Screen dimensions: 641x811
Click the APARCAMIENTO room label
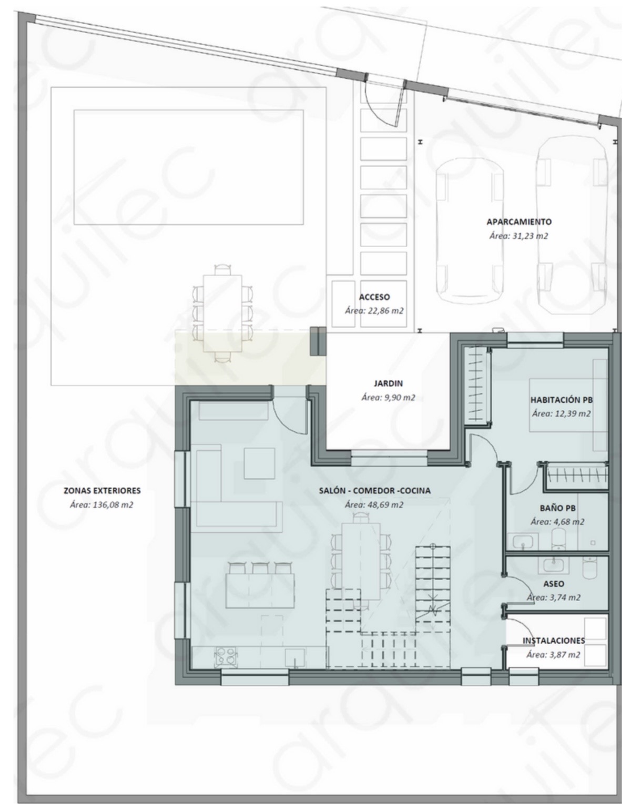(x=519, y=221)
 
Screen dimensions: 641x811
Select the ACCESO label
(x=374, y=297)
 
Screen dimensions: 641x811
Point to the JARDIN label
(x=388, y=383)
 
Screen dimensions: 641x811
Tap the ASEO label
(x=554, y=584)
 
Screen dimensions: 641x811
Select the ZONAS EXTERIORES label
(x=102, y=491)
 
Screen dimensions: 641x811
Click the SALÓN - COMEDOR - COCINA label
(x=374, y=491)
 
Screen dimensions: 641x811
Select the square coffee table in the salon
(x=259, y=463)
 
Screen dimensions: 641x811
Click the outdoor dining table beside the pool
(x=222, y=313)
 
